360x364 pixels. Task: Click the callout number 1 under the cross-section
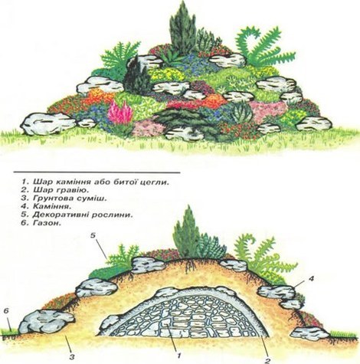178,356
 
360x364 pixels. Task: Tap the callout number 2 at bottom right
267,360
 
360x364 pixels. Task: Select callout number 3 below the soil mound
72,356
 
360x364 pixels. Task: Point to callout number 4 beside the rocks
311,278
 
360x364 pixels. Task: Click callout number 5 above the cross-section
93,235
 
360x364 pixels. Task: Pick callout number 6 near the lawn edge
7,311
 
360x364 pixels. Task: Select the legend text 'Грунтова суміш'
64,198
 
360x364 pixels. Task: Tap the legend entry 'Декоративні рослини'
77,215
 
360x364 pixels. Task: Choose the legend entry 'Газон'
41,223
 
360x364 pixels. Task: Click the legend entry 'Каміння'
46,206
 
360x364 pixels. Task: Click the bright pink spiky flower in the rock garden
120,113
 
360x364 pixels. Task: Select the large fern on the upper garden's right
263,46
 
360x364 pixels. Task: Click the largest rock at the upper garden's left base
48,123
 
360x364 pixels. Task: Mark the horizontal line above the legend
97,172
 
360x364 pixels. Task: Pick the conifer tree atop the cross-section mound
186,232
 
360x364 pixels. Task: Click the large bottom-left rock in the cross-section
47,322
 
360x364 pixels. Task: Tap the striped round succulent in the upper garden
241,112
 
